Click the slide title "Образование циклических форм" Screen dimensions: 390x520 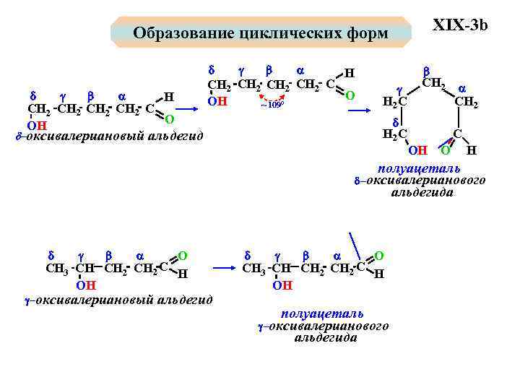[260, 33]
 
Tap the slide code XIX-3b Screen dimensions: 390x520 [460, 25]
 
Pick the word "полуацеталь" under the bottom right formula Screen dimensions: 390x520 [322, 313]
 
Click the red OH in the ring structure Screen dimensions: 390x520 [417, 150]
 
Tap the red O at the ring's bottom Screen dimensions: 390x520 [446, 150]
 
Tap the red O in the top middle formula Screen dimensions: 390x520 [350, 95]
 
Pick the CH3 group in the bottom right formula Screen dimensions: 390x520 [253, 269]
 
